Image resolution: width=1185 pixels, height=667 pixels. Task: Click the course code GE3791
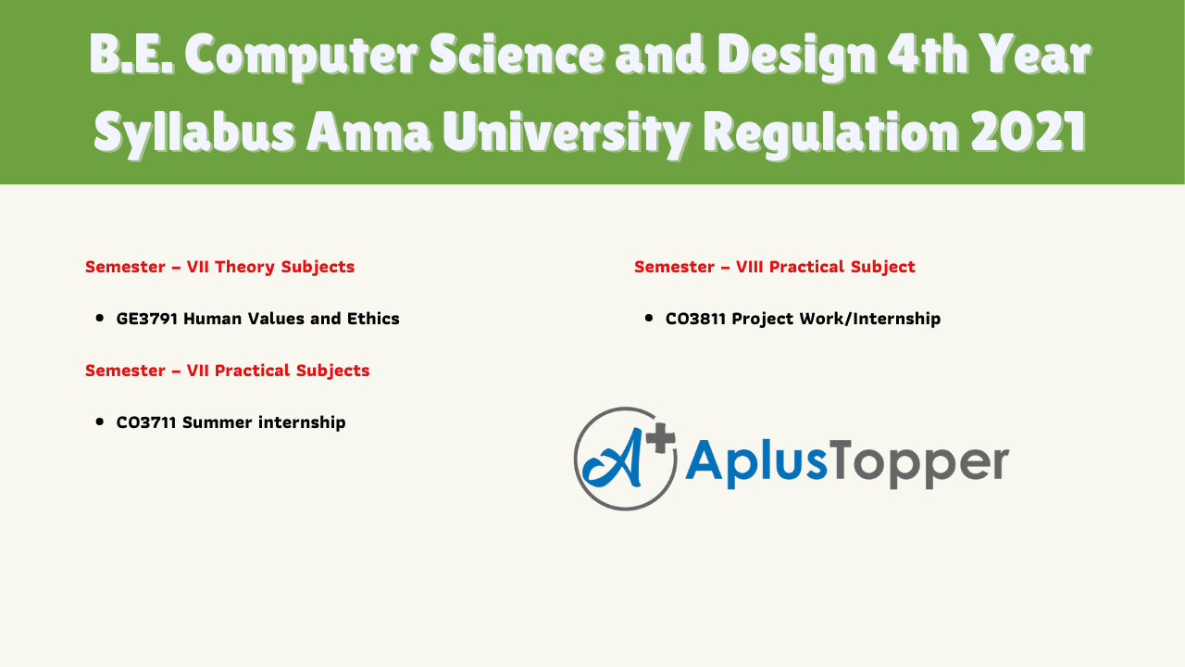146,319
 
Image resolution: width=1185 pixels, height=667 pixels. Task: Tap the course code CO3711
146,422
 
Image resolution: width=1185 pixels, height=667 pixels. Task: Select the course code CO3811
695,319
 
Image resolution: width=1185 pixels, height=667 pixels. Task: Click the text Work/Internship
870,319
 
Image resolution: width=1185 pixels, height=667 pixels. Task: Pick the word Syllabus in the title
194,133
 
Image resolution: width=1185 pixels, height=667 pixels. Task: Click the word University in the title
566,133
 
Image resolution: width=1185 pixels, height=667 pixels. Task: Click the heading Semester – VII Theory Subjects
219,267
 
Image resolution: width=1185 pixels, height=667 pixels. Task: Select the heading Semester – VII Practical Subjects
227,371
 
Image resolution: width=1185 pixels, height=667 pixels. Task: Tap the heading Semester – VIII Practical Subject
775,267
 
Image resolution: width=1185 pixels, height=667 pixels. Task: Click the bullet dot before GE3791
99,318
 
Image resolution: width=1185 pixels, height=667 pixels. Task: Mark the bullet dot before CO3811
649,318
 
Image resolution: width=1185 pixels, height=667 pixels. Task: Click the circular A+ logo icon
625,459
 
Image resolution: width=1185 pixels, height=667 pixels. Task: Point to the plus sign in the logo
660,439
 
